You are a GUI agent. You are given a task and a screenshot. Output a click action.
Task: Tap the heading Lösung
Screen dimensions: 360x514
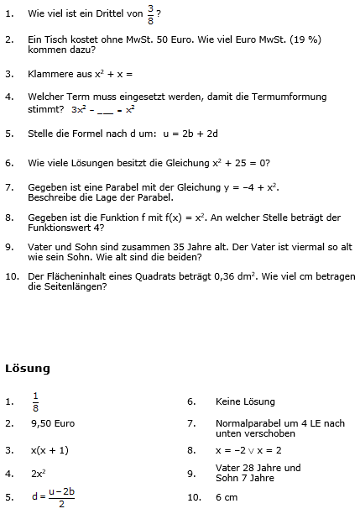click(x=28, y=368)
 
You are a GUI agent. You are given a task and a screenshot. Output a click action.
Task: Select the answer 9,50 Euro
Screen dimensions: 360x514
click(x=53, y=425)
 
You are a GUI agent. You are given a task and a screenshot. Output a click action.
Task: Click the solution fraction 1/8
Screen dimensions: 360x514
click(x=35, y=401)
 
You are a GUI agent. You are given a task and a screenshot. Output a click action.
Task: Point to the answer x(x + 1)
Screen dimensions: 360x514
click(x=50, y=450)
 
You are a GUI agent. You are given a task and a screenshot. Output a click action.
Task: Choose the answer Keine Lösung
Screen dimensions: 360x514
click(x=245, y=401)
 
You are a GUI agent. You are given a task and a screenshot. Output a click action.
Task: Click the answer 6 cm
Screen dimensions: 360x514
click(x=227, y=498)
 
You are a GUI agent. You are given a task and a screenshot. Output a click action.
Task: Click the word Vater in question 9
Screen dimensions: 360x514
click(x=43, y=247)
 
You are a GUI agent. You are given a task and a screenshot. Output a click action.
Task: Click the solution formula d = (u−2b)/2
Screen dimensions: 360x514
click(x=53, y=498)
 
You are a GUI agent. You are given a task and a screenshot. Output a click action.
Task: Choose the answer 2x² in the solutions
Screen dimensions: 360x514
click(x=39, y=474)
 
